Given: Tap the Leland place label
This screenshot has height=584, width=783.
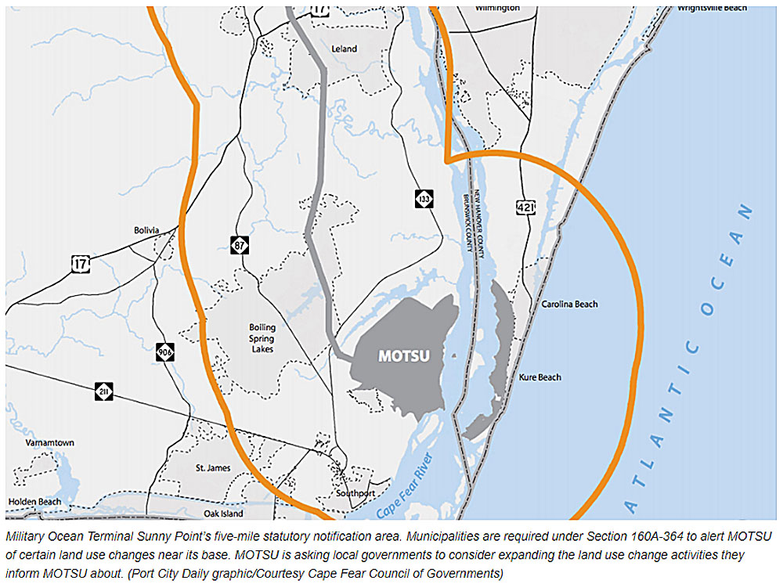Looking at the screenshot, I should (x=344, y=49).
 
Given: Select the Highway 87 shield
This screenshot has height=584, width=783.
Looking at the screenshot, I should (x=240, y=244).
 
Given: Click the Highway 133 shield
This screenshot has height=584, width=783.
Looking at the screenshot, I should (x=424, y=199).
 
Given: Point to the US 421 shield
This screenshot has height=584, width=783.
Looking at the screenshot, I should (x=525, y=207).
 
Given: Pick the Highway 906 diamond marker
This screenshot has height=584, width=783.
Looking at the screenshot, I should (x=164, y=352).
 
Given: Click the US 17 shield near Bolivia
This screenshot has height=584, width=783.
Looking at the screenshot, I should (x=80, y=264).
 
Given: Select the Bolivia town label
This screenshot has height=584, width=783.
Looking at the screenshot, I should (x=146, y=230).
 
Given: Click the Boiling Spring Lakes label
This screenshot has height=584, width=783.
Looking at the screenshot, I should (x=262, y=339).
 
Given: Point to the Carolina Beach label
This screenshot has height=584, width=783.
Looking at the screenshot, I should (x=569, y=304).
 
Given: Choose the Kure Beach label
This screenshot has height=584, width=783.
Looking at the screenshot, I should (x=540, y=377).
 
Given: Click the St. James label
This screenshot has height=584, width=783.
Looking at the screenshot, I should (x=213, y=468).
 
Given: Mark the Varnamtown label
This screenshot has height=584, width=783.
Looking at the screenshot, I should (x=49, y=443).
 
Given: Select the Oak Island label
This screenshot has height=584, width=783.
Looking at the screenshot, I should (x=223, y=514).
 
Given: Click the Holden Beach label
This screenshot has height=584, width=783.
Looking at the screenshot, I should (x=35, y=501).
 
